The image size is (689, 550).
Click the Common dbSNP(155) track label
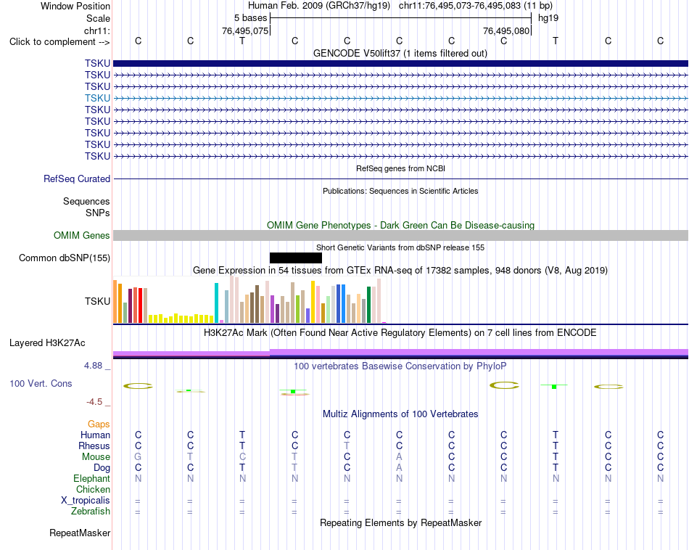coord(64,258)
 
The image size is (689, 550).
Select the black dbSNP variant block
coord(296,258)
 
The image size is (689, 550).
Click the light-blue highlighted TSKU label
coord(98,98)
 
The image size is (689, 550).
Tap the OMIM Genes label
coord(81,236)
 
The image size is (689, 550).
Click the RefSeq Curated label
coord(77,179)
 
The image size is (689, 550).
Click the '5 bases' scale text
coord(250,18)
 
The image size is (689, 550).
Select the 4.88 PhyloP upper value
coord(93,366)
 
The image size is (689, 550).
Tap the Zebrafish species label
coord(91,512)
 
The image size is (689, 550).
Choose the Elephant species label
coord(91,479)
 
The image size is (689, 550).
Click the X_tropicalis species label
coord(86,501)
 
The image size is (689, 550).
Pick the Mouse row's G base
coord(138,457)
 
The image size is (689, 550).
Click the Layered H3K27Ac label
coord(47,343)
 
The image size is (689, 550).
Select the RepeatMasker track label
coord(80,533)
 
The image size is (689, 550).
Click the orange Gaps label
coord(99,424)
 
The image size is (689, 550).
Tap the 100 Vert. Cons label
coord(41,383)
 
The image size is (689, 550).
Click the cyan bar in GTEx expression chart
coord(216,303)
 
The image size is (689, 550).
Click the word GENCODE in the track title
coord(331,54)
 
